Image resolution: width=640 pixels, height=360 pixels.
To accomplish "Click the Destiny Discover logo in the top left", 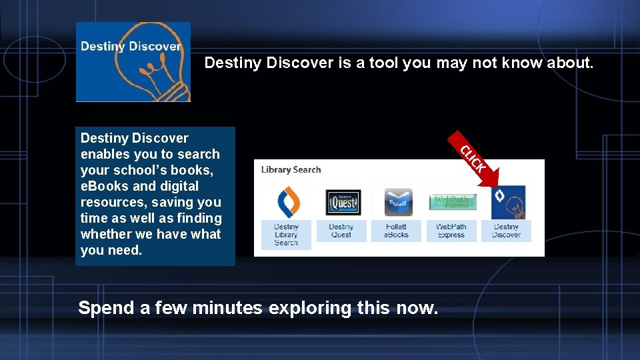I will pyautogui.click(x=133, y=61).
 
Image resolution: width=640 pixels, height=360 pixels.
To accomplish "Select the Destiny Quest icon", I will pyautogui.click(x=341, y=202).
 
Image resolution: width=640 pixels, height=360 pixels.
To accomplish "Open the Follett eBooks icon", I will pyautogui.click(x=396, y=202).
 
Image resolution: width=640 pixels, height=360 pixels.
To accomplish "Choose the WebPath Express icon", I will pyautogui.click(x=451, y=202).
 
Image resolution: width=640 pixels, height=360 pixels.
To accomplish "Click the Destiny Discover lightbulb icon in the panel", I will pyautogui.click(x=507, y=202).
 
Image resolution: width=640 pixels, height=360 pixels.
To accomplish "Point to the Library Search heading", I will pyautogui.click(x=291, y=169).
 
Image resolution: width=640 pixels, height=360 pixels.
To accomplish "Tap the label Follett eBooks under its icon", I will pyautogui.click(x=396, y=231).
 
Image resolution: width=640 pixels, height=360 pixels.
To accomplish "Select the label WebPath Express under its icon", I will pyautogui.click(x=451, y=231).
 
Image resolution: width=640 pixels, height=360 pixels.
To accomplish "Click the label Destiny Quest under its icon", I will pyautogui.click(x=341, y=231).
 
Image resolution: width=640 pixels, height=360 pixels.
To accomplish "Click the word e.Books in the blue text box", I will pyautogui.click(x=103, y=186).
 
